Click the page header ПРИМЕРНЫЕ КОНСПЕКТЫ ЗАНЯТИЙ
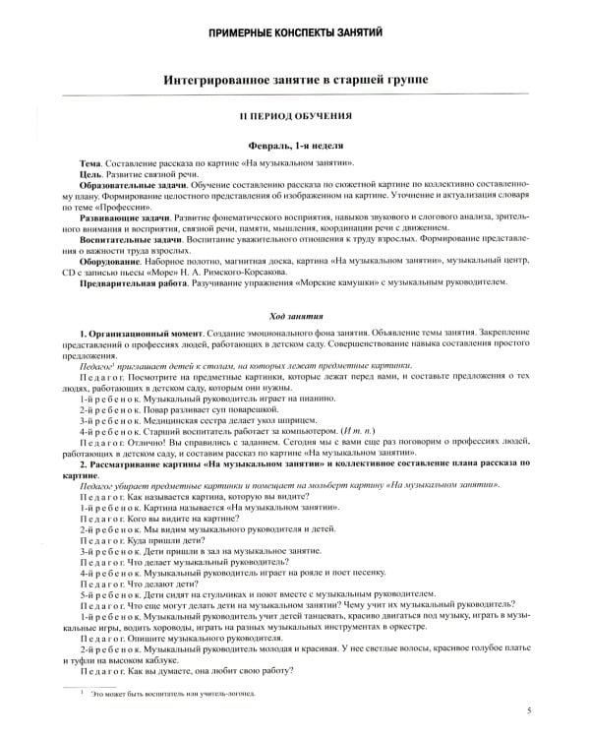(x=295, y=34)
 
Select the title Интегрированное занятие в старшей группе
(x=295, y=78)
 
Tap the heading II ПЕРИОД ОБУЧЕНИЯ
(x=295, y=116)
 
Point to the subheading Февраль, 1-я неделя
(x=295, y=144)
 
